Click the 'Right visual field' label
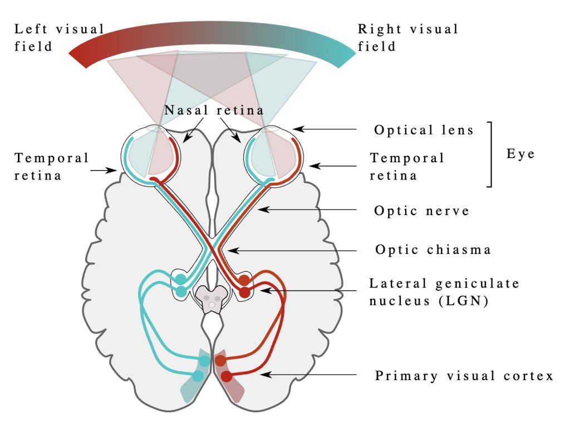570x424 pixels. [408, 37]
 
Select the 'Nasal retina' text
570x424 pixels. [214, 110]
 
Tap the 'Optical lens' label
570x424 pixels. [424, 130]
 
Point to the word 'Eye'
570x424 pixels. [520, 153]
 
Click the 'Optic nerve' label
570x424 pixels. [422, 211]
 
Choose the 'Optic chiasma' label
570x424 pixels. [433, 250]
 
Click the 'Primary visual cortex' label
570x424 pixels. [464, 376]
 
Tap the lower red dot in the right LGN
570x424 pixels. [244, 291]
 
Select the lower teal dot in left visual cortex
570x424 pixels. [198, 376]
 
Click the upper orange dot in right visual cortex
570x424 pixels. [220, 361]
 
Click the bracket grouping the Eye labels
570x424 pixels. [490, 154]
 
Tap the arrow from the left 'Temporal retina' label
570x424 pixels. [106, 171]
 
